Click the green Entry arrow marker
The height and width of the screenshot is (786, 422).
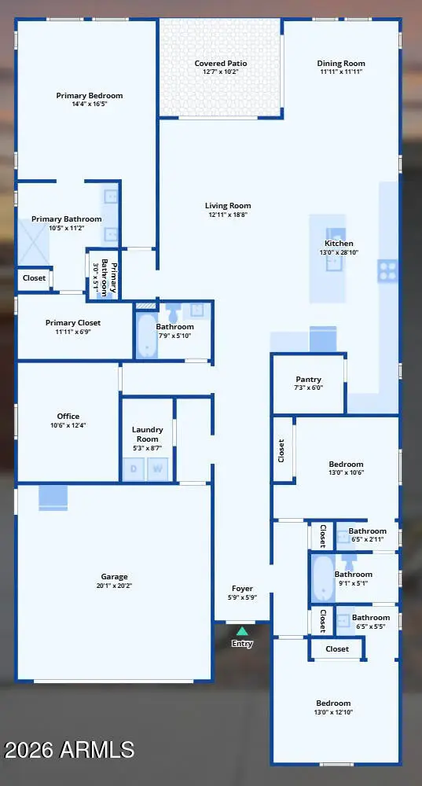tap(242, 631)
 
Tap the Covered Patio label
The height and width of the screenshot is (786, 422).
tap(221, 64)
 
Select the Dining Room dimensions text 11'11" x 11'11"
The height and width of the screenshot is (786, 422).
tap(341, 72)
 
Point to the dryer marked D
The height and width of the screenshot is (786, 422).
tap(134, 469)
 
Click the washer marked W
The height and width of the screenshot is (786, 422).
tap(157, 469)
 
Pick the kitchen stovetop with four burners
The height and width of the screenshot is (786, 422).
tap(387, 270)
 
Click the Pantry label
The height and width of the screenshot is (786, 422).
tap(308, 380)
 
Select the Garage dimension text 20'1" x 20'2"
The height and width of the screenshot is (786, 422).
tap(114, 585)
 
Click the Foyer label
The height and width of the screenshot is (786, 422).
tap(242, 589)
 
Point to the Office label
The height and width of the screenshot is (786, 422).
tap(68, 416)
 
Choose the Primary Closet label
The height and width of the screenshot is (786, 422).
tap(73, 323)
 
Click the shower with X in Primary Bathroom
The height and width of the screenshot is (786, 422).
tap(34, 243)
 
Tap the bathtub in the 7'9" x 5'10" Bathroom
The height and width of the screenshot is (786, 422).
tap(148, 335)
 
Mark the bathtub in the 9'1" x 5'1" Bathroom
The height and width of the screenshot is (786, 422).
tap(322, 578)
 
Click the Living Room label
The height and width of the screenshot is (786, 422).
tap(228, 205)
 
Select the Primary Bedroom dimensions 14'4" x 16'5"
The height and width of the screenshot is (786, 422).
tap(90, 104)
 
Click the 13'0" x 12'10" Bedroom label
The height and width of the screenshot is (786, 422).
tap(333, 703)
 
